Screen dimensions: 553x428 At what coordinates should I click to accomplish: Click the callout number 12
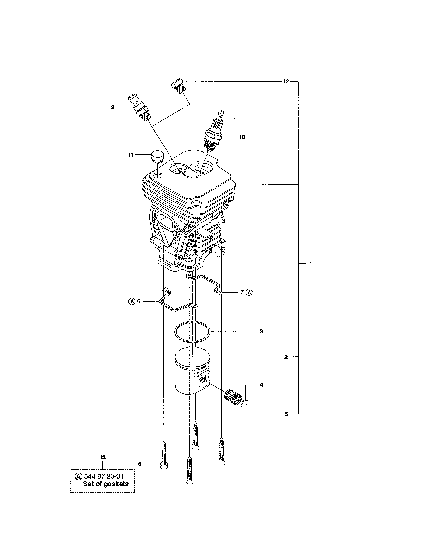click(x=286, y=82)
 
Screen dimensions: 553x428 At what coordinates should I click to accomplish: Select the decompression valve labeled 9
click(x=140, y=109)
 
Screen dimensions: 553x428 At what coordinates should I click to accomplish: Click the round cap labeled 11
click(x=157, y=156)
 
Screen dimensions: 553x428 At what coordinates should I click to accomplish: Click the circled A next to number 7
click(x=249, y=292)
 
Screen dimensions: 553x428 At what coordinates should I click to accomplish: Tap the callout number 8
click(x=140, y=464)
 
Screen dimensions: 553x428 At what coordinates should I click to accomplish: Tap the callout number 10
click(x=242, y=137)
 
